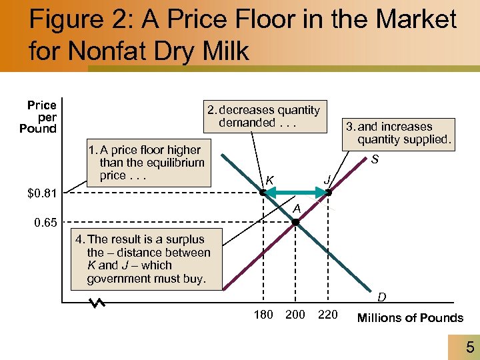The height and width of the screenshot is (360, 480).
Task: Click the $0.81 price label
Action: pyautogui.click(x=43, y=194)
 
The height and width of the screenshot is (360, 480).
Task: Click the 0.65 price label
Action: pyautogui.click(x=46, y=223)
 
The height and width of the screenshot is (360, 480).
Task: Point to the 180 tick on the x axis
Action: pyautogui.click(x=263, y=315)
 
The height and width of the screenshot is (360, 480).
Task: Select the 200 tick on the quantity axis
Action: pyautogui.click(x=295, y=315)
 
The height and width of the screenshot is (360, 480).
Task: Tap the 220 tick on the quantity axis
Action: pyautogui.click(x=327, y=315)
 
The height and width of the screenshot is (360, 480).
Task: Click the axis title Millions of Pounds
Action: pyautogui.click(x=410, y=318)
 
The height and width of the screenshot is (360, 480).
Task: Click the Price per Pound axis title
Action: pyautogui.click(x=39, y=117)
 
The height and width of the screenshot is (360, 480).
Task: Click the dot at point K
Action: pyautogui.click(x=263, y=193)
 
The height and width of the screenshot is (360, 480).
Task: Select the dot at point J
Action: pyautogui.click(x=328, y=193)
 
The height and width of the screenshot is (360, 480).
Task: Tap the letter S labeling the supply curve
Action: pyautogui.click(x=375, y=160)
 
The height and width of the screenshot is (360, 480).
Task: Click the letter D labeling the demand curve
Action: pyautogui.click(x=381, y=296)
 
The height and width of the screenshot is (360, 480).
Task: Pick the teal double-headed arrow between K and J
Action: pyautogui.click(x=295, y=193)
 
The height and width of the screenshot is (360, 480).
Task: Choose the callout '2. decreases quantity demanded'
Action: pyautogui.click(x=263, y=117)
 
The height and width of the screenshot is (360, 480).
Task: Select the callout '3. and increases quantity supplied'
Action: pyautogui.click(x=398, y=133)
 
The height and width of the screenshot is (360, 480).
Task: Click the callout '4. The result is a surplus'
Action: pyautogui.click(x=147, y=259)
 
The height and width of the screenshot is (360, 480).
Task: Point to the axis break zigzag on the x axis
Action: pyautogui.click(x=98, y=303)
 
